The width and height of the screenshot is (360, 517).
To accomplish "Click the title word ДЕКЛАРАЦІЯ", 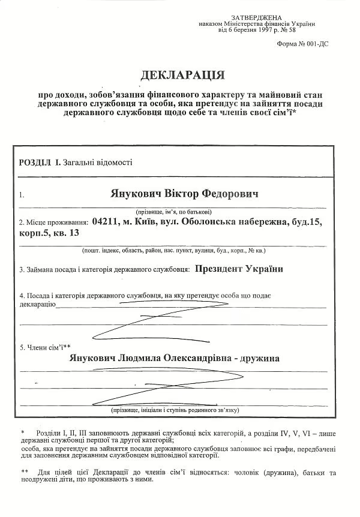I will point(182,76).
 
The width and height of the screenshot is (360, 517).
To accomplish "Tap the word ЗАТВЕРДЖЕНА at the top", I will point(256,17).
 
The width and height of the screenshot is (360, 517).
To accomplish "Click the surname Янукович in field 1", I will point(137,196).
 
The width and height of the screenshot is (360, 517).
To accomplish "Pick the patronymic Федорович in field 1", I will point(230,196).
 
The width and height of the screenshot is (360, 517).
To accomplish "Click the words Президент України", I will point(239,269).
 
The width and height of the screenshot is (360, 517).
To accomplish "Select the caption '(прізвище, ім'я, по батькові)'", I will point(174,212).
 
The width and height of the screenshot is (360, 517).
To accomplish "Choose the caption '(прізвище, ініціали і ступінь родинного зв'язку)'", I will point(175,410).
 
